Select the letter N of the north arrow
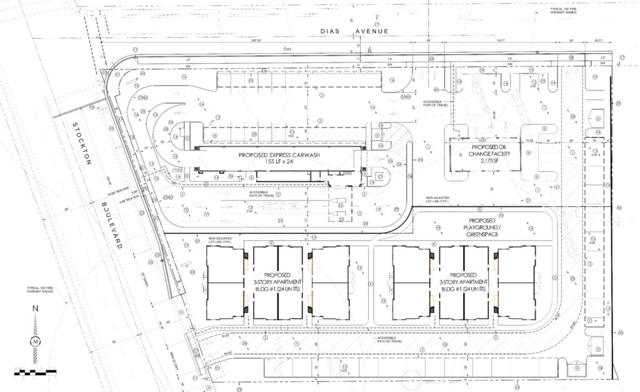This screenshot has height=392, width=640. (35, 308)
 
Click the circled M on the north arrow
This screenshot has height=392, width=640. (35, 341)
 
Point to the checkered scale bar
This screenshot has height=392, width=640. (35, 372)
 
